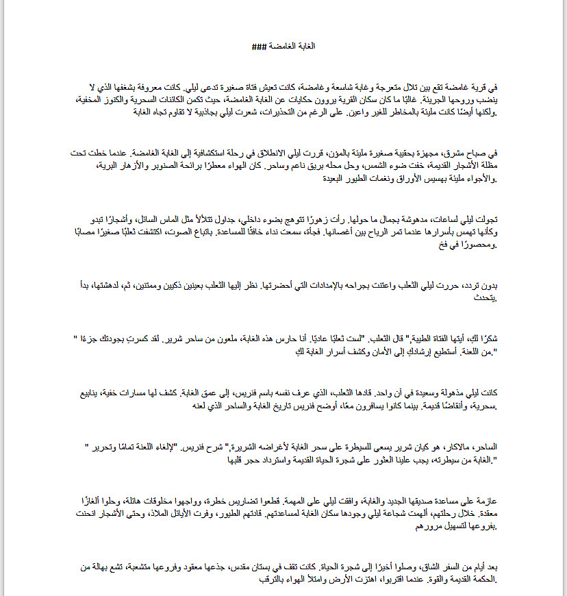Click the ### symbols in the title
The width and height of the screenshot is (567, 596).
click(258, 47)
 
